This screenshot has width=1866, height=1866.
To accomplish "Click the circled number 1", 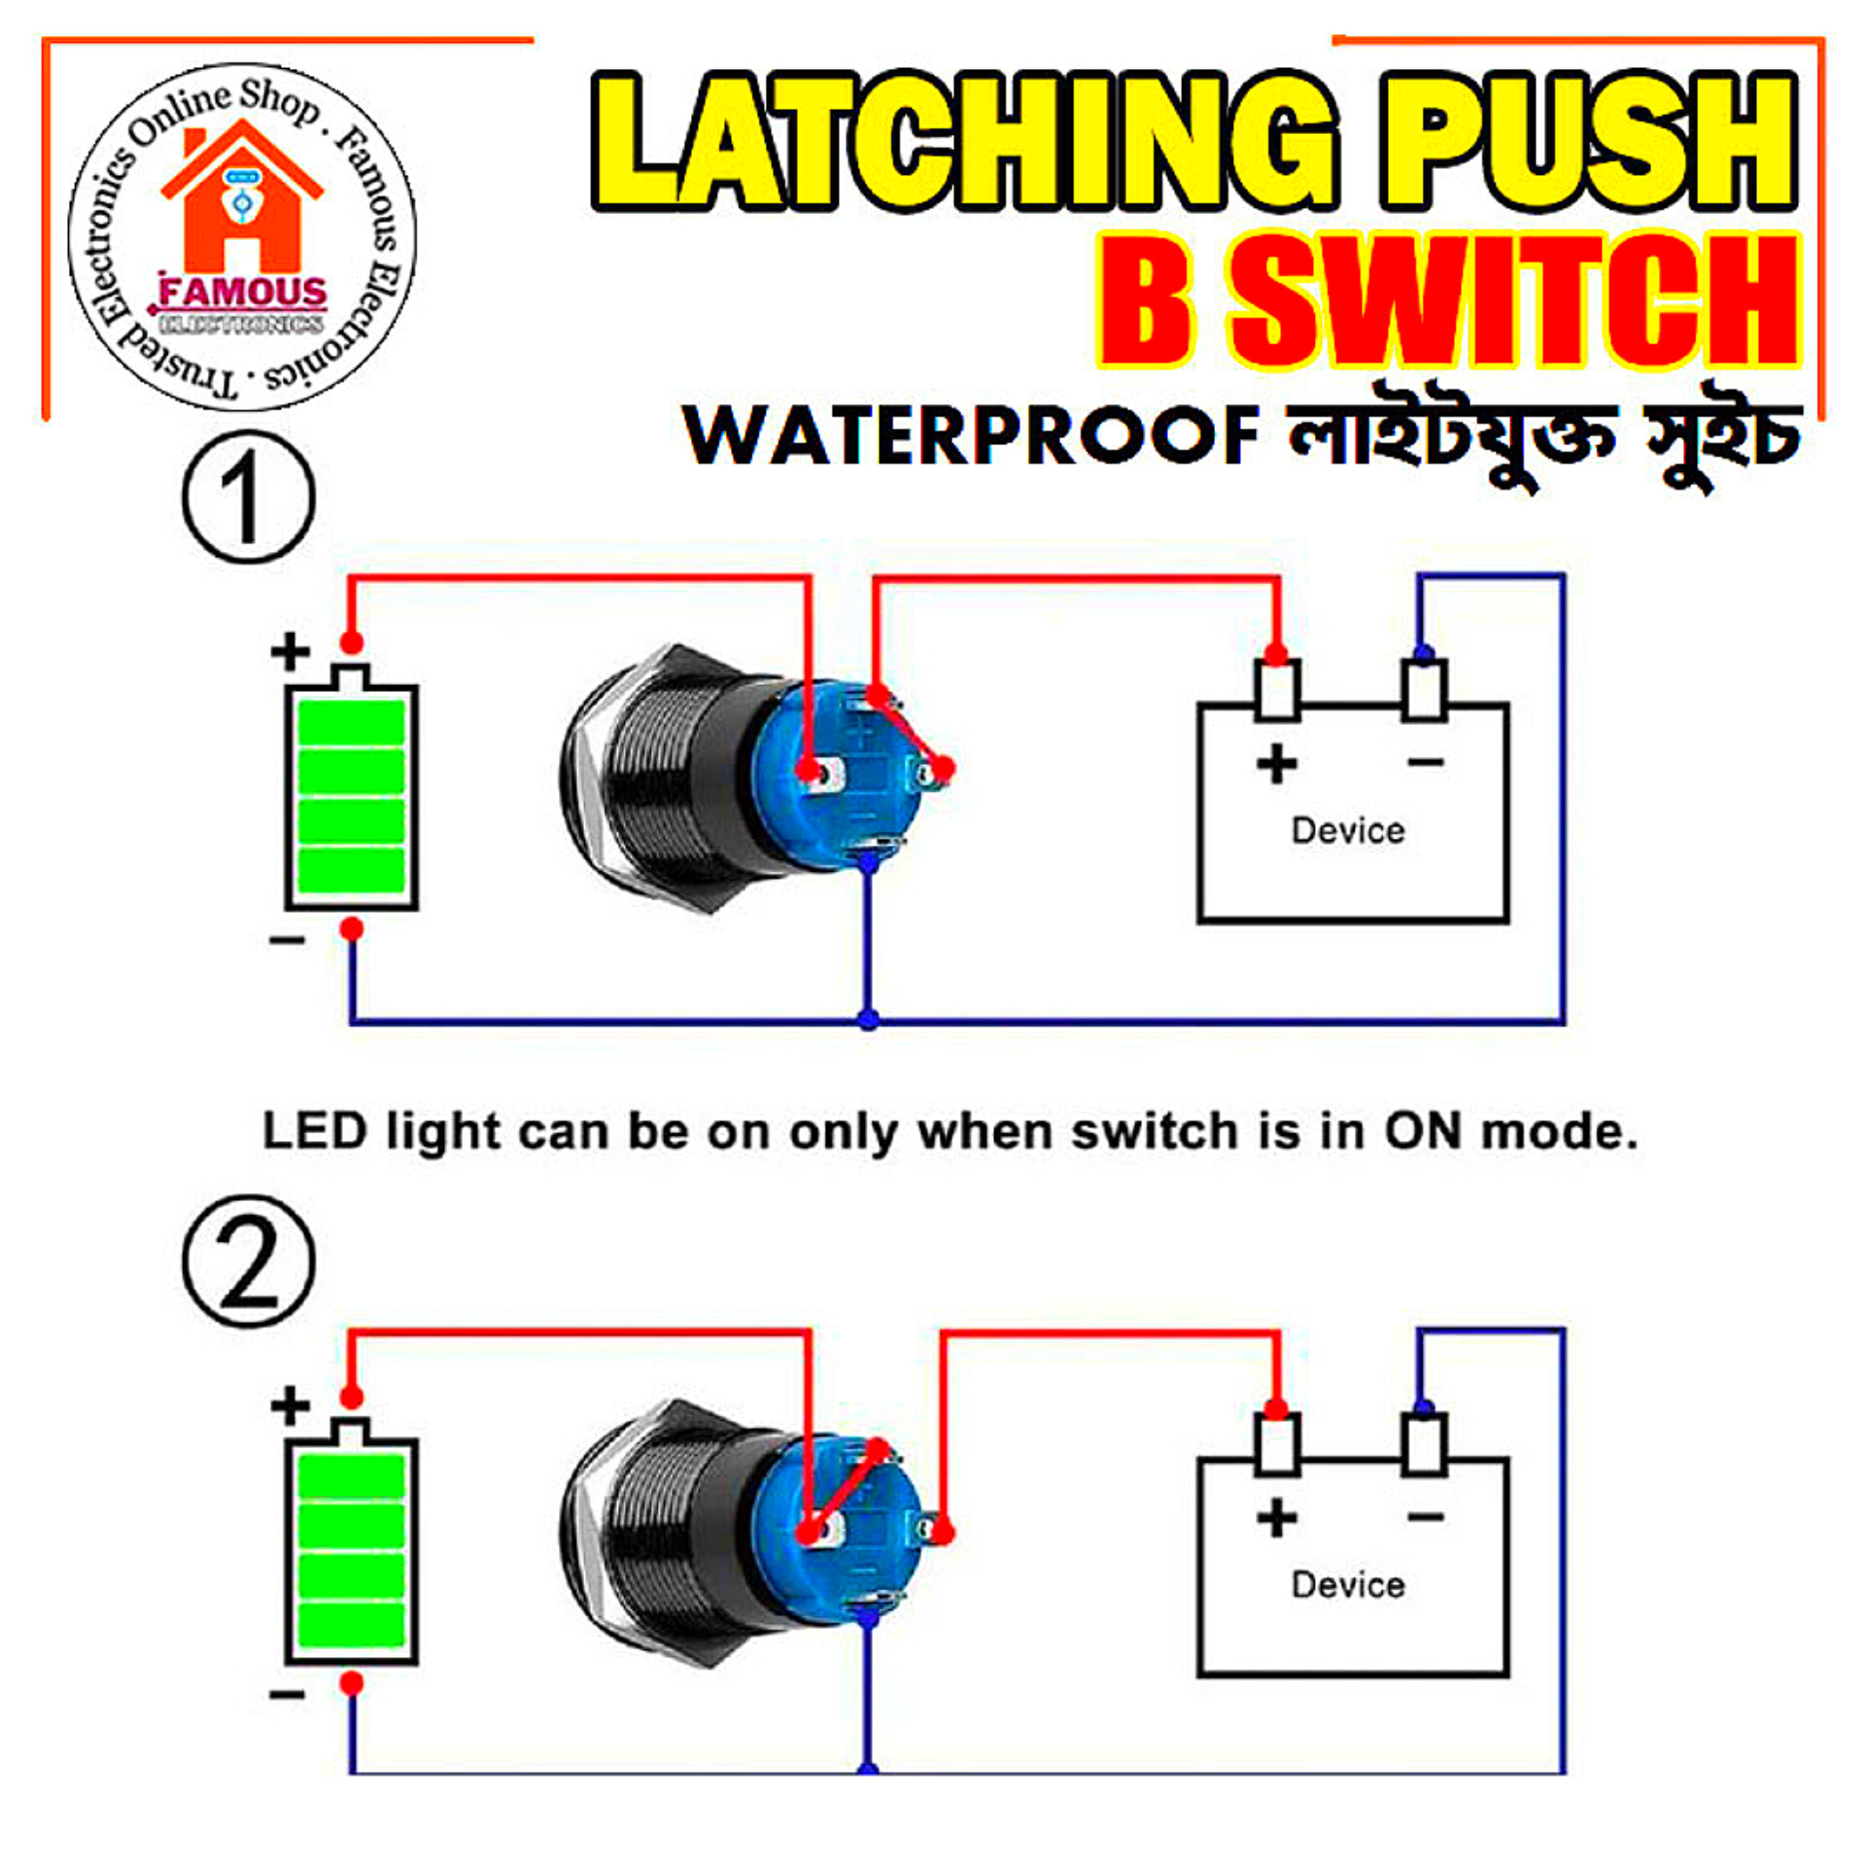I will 249,497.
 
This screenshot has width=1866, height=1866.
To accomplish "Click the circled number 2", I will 249,1261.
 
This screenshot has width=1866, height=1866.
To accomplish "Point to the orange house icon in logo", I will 241,199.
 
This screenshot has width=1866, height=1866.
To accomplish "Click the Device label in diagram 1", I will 1348,831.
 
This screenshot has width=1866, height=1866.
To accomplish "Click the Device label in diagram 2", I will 1348,1585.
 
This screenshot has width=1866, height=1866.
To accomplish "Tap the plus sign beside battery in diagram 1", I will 290,652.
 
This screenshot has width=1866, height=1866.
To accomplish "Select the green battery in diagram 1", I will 351,797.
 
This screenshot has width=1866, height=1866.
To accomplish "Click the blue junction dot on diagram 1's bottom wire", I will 869,1019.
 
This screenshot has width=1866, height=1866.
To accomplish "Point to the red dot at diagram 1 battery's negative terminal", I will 352,928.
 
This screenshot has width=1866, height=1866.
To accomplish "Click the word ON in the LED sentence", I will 1423,1131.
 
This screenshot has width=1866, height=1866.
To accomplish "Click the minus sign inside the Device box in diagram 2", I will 1425,1517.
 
